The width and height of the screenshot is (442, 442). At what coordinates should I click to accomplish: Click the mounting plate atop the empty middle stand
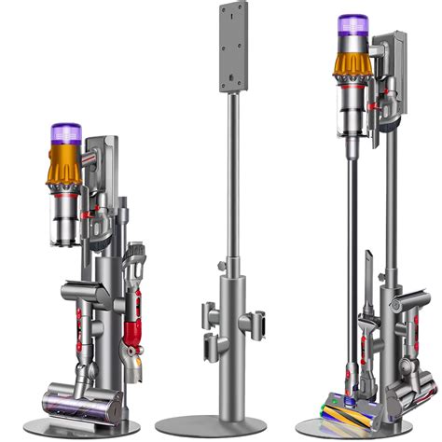pos(233,47)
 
